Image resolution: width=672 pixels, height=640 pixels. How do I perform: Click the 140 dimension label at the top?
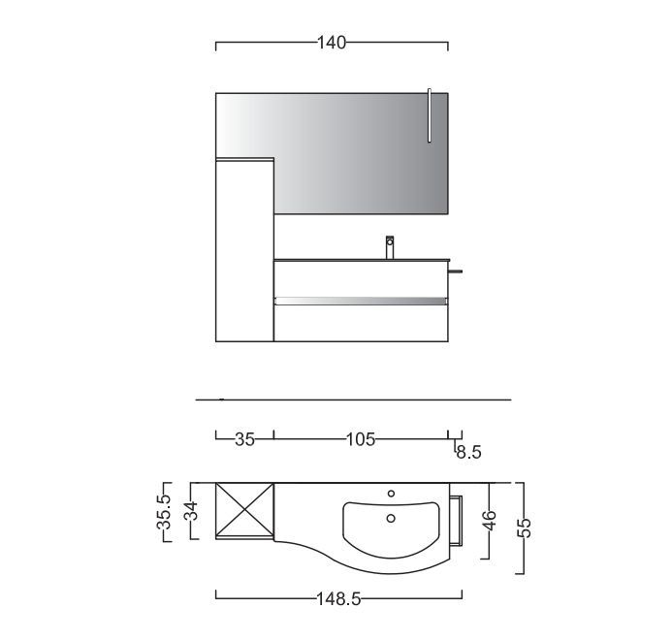332,43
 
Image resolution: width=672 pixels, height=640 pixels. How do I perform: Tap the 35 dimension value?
244,439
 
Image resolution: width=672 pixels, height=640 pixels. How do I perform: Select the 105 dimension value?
361,439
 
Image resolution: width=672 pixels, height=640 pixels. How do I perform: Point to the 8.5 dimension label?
469,452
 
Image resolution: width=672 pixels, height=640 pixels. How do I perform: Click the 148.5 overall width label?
338,599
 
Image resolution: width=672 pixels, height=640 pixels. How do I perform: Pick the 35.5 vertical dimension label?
164,511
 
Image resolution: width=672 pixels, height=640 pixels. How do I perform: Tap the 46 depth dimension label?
490,520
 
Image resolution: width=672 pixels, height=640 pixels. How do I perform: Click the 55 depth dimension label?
525,528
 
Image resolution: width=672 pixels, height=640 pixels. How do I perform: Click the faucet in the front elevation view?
390,247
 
